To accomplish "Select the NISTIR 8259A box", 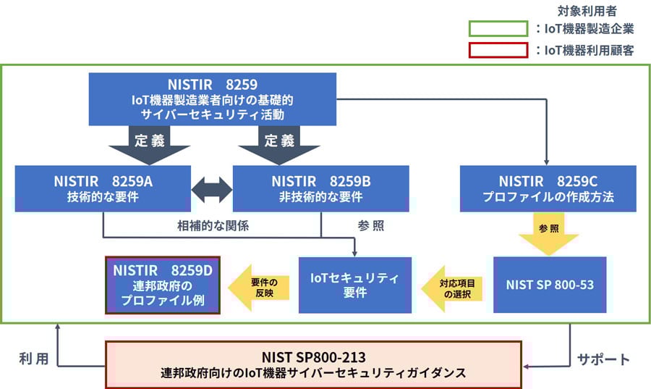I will pyautogui.click(x=102, y=188).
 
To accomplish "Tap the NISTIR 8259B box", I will pyautogui.click(x=320, y=188).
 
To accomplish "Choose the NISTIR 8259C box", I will pyautogui.click(x=548, y=188).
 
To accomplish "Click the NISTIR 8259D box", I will pyautogui.click(x=163, y=285).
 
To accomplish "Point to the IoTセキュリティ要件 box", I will pyautogui.click(x=355, y=285).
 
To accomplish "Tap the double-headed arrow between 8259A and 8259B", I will pyautogui.click(x=211, y=189).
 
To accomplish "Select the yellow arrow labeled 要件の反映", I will pyautogui.click(x=259, y=285).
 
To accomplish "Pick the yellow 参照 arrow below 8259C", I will pyautogui.click(x=548, y=233).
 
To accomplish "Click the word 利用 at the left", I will pyautogui.click(x=33, y=358).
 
